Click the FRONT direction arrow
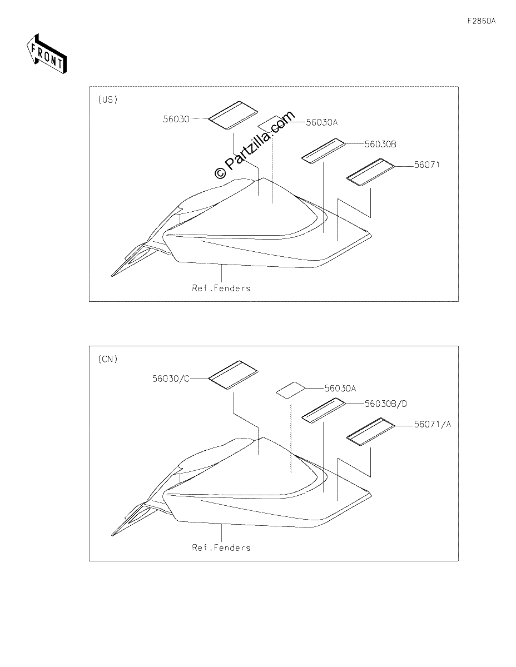coord(46,53)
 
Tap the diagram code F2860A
coord(482,21)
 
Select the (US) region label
coord(108,99)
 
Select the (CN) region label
coord(108,359)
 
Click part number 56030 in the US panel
coord(176,119)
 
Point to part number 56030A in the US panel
coord(322,122)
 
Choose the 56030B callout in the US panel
coord(380,144)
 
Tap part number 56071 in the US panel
coord(427,165)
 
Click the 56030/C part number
coord(171,379)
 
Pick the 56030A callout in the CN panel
coord(340,389)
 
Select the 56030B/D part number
coord(385,404)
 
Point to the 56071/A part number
coord(433,424)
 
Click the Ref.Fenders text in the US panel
coord(221,288)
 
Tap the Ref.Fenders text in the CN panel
coord(221,547)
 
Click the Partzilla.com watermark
coord(255,145)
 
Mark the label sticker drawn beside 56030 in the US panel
coord(234,116)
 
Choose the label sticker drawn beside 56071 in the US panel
coord(370,172)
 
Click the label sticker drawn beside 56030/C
coord(234,375)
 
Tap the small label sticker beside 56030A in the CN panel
coord(291,390)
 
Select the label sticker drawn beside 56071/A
coord(370,431)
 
